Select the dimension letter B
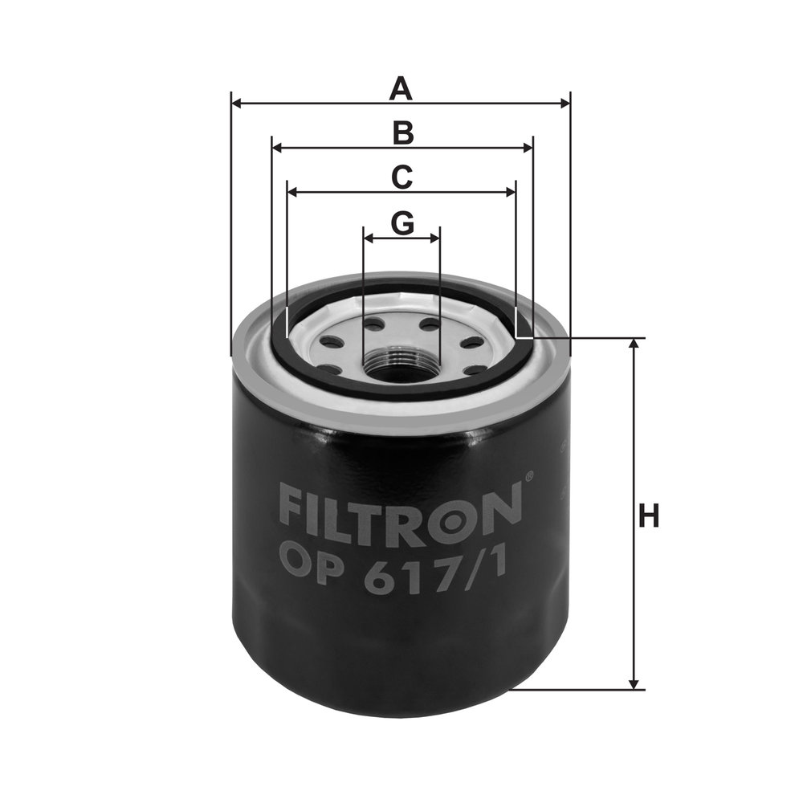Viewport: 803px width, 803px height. coord(402,132)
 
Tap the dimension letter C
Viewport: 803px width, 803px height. coord(401,177)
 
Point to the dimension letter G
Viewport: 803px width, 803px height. coord(402,223)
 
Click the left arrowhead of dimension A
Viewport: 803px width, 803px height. coord(237,104)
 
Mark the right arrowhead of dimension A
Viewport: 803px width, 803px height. coord(565,104)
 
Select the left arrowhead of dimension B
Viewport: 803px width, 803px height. coord(278,149)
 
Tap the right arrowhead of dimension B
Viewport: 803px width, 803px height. coord(528,149)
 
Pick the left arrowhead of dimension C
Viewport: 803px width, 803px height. coord(293,193)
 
